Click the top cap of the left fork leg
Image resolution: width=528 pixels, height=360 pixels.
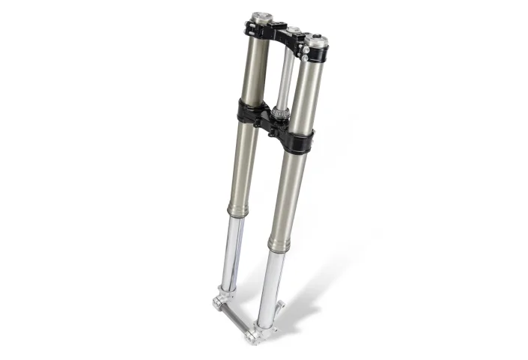(261, 16)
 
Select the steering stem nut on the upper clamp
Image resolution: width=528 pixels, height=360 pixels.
(294, 31)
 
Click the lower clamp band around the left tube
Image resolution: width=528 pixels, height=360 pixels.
(249, 112)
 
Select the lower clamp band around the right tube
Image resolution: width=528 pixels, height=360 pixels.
(297, 138)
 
